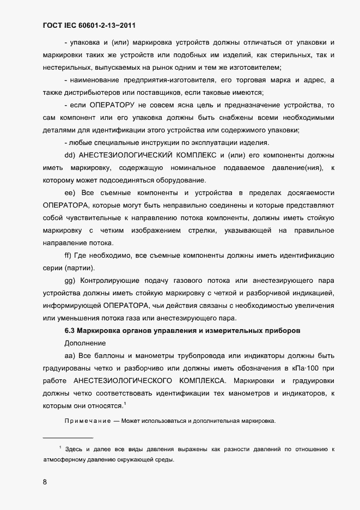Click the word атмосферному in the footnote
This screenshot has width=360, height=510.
coord(64,459)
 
